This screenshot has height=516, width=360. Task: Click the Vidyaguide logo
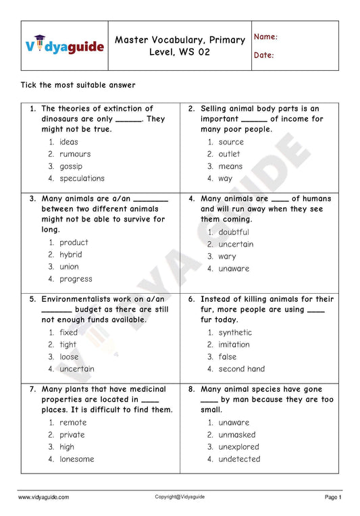(65, 45)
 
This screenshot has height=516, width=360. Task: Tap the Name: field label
(265, 37)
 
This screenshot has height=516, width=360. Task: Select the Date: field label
(264, 55)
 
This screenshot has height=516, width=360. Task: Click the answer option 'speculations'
(82, 178)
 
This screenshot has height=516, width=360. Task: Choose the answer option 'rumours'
(75, 154)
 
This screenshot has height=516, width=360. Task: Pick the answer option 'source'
(231, 142)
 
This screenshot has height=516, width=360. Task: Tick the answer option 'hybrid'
(70, 255)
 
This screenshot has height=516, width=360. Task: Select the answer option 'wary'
(227, 257)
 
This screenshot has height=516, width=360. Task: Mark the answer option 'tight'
(68, 344)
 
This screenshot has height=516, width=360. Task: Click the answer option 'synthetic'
(235, 332)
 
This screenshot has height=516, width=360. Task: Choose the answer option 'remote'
(73, 423)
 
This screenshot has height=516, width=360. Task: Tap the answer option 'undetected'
(239, 459)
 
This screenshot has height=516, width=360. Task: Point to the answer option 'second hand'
(241, 369)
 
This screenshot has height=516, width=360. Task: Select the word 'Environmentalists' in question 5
(83, 299)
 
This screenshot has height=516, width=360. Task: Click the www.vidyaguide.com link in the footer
(43, 497)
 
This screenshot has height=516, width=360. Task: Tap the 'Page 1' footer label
(333, 497)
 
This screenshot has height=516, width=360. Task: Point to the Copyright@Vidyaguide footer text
(180, 496)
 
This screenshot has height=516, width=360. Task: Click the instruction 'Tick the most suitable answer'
(78, 85)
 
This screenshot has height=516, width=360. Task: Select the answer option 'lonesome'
(76, 459)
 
